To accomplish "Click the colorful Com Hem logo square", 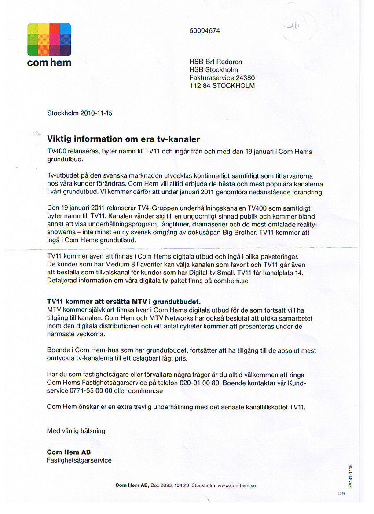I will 49,40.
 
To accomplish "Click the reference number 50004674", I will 205,31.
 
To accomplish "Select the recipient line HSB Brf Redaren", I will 216,62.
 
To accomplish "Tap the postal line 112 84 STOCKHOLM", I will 222,86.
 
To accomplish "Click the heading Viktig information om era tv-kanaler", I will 124,139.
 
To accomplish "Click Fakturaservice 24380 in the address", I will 222,78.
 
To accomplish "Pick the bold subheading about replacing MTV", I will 124,302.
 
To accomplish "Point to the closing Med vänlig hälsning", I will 76,431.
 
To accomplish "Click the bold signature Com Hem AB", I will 69,452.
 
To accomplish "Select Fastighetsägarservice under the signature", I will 79,460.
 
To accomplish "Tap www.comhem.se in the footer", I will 237,485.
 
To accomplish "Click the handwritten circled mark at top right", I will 299,24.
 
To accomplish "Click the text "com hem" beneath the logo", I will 49,62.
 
